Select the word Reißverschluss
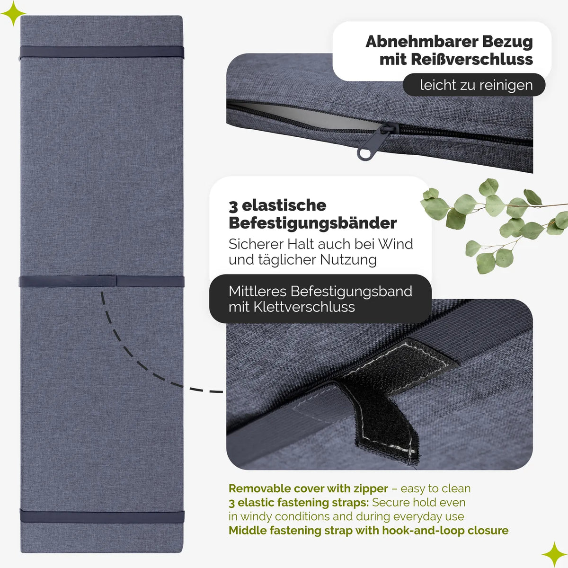coord(472,59)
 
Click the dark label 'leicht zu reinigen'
coord(474,85)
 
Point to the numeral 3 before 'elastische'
coord(233,206)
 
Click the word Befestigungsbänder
coord(313,223)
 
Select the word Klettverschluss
coord(304,307)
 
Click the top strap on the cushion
coord(102,52)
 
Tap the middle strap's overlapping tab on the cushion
coord(107,281)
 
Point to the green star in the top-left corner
coord(13,13)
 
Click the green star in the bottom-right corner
coord(554,554)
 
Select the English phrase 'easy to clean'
coord(435,489)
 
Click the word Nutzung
coord(348,260)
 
